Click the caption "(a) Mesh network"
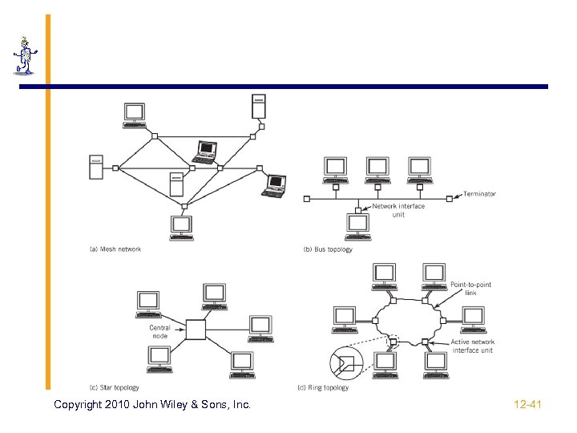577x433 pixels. pyautogui.click(x=115, y=249)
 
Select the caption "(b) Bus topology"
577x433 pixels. pyautogui.click(x=328, y=249)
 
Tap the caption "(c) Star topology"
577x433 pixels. pyautogui.click(x=115, y=388)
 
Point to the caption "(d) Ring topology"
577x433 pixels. pyautogui.click(x=323, y=388)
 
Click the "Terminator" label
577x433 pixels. pyautogui.click(x=479, y=194)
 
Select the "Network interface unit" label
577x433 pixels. pyautogui.click(x=398, y=210)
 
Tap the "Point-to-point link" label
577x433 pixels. pyautogui.click(x=470, y=289)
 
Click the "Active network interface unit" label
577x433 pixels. pyautogui.click(x=472, y=346)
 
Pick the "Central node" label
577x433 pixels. pyautogui.click(x=159, y=332)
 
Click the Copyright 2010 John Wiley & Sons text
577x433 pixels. pyautogui.click(x=151, y=405)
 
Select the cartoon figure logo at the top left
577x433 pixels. pyautogui.click(x=25, y=56)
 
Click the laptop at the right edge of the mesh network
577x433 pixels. pyautogui.click(x=274, y=185)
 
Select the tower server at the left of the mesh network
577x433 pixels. pyautogui.click(x=95, y=168)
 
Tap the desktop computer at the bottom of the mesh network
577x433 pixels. pyautogui.click(x=181, y=227)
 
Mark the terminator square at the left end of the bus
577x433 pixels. pyautogui.click(x=306, y=197)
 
